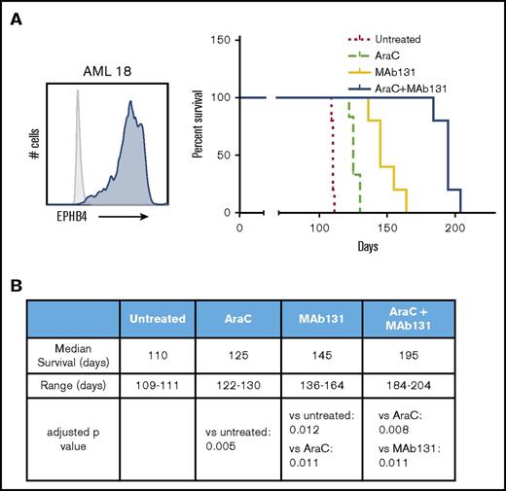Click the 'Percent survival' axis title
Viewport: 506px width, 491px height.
(x=197, y=126)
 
